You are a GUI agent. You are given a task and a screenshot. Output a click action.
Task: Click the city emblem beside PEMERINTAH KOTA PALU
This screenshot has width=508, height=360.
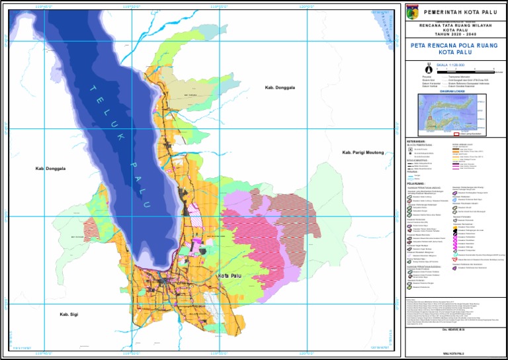412,12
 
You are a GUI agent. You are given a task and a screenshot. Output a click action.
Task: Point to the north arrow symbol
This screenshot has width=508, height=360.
429,69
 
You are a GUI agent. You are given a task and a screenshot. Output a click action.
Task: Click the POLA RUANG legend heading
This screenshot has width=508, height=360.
415,183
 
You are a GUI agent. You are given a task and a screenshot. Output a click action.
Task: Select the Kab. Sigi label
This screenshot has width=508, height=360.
69,314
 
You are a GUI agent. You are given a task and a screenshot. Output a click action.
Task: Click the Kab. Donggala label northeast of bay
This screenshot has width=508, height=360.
279,87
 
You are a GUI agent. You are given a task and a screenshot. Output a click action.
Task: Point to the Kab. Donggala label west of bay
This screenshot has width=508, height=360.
51,169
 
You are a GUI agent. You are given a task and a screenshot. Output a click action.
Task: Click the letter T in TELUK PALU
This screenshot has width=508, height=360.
93,89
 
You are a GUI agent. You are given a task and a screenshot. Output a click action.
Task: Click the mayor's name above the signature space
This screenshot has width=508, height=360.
454,328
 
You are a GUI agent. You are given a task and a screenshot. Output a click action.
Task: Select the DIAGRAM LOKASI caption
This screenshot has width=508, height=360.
454,92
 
